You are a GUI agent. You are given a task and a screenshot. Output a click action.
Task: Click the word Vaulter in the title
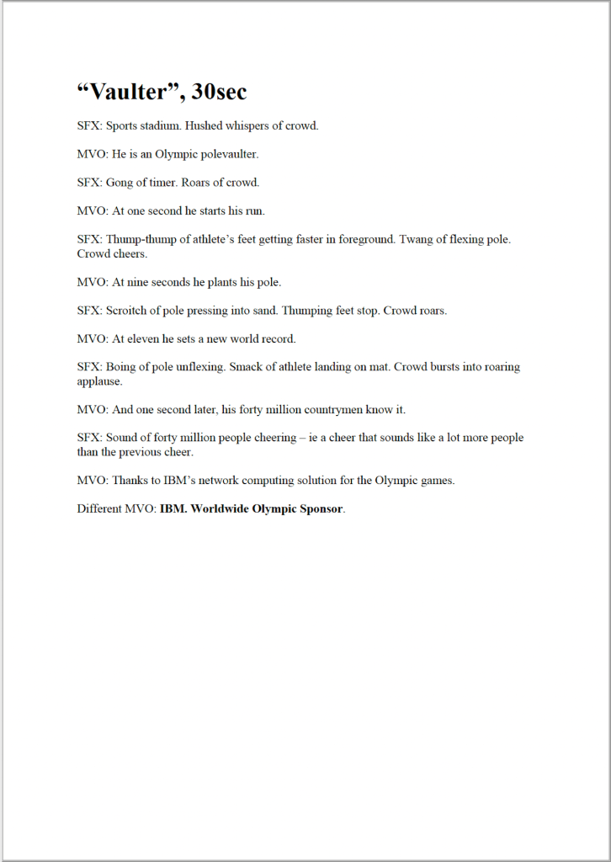pyautogui.click(x=130, y=92)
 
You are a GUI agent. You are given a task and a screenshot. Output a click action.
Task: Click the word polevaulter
pyautogui.click(x=229, y=155)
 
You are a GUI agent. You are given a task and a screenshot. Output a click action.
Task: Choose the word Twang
pyautogui.click(x=414, y=239)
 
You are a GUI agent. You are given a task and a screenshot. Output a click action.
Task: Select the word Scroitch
pyautogui.click(x=127, y=311)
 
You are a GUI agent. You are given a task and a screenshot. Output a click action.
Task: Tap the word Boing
pyautogui.click(x=122, y=367)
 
